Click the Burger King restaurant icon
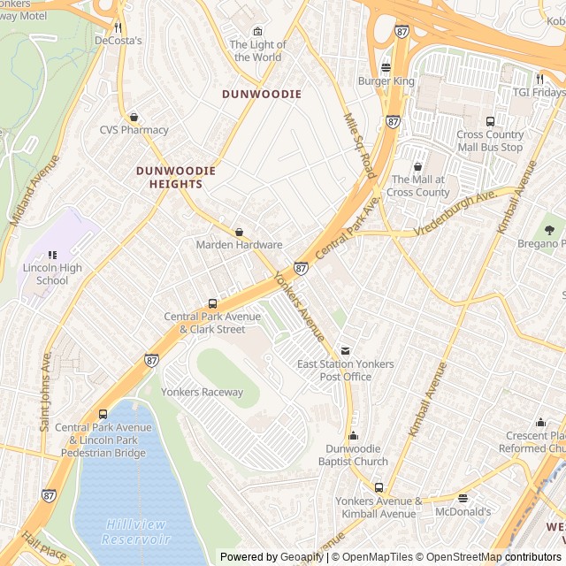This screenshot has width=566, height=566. click(x=386, y=67)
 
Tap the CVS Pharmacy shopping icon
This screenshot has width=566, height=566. click(x=134, y=116)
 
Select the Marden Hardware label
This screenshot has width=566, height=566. click(x=239, y=245)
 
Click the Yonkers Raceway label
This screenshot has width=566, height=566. click(x=203, y=393)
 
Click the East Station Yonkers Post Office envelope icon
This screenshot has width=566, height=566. click(x=346, y=350)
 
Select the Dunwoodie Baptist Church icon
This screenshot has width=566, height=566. click(x=353, y=435)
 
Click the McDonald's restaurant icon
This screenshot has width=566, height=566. click(x=463, y=498)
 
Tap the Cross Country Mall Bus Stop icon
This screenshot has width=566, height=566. click(x=490, y=121)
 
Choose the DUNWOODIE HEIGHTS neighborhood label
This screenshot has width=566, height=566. click(x=169, y=177)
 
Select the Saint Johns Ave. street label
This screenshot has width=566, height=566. click(x=45, y=390)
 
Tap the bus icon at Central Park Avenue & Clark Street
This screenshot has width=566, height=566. click(x=212, y=303)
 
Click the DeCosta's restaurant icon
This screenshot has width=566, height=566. click(x=118, y=27)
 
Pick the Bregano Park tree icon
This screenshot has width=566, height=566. click(x=549, y=230)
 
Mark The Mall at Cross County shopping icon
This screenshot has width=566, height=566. click(x=418, y=166)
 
